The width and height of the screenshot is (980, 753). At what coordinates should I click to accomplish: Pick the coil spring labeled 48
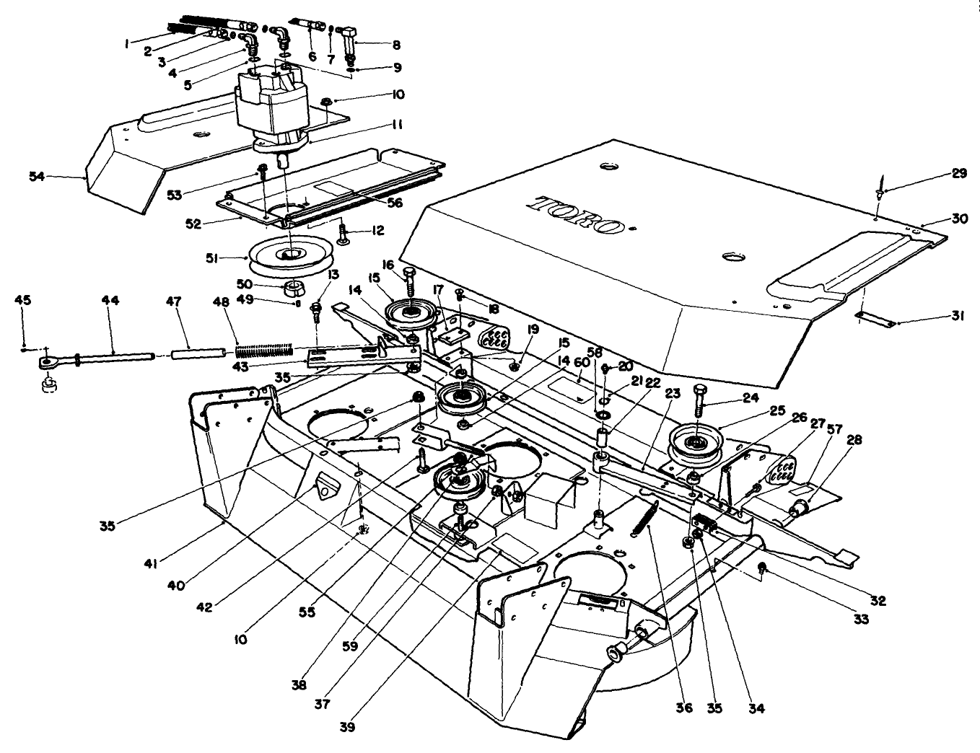(264, 350)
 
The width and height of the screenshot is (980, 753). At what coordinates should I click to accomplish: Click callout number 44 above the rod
(112, 299)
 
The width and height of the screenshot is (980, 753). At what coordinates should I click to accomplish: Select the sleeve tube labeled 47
(196, 354)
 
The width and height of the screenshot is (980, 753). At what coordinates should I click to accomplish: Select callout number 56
(393, 203)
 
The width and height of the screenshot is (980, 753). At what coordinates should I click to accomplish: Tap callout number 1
(126, 43)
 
